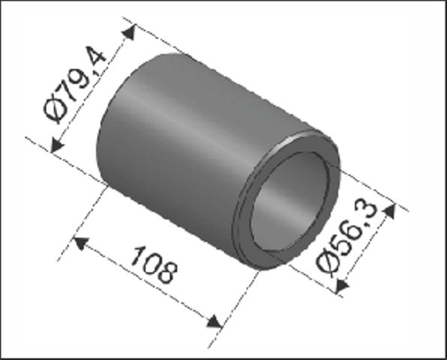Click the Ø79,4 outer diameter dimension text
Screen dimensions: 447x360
click(x=75, y=85)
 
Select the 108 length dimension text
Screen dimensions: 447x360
click(x=154, y=265)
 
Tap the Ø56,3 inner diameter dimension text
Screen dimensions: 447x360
click(x=347, y=238)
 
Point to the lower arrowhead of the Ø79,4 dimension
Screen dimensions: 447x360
click(x=56, y=145)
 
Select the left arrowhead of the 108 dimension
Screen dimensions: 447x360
click(x=81, y=243)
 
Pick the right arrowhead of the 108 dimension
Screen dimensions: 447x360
click(x=214, y=321)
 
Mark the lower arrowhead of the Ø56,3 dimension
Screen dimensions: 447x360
click(x=342, y=286)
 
